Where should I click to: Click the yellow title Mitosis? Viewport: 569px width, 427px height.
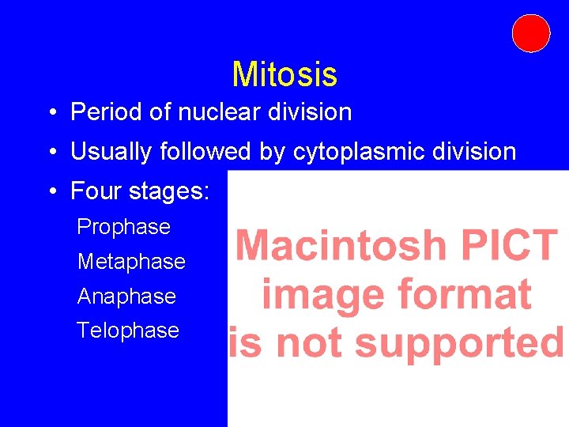click(x=284, y=75)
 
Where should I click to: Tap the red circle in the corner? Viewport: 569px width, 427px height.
click(x=530, y=33)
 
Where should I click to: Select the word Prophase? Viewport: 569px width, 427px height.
click(x=123, y=227)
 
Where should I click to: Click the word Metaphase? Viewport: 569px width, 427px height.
click(x=131, y=262)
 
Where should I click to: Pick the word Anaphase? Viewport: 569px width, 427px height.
click(x=126, y=297)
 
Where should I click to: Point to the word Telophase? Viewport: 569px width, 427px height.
click(x=128, y=331)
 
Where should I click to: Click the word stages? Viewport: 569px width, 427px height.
click(x=168, y=192)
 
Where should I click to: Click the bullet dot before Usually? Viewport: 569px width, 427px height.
click(x=51, y=153)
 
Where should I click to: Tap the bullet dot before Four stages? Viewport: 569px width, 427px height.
click(x=51, y=192)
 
